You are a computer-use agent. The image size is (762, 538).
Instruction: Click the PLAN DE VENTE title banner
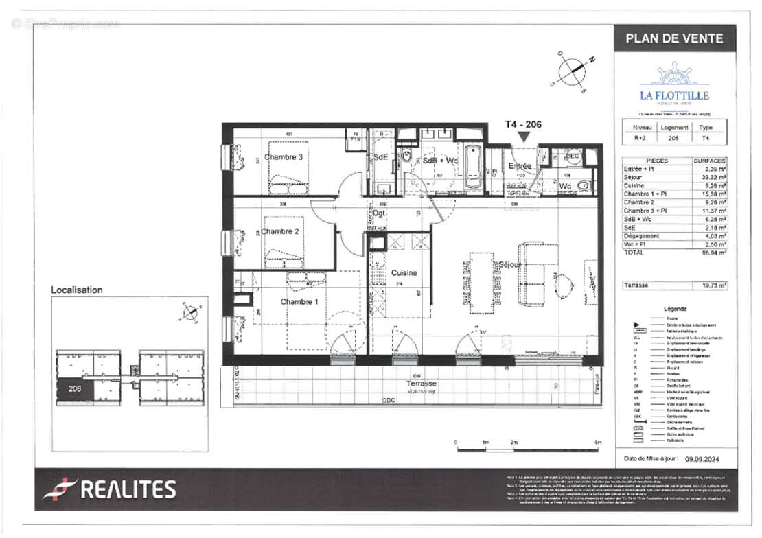(674, 38)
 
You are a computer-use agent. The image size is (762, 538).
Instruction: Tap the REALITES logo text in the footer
(128, 489)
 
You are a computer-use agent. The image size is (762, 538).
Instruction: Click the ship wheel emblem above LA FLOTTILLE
(674, 74)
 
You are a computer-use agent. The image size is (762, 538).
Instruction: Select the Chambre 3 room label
(284, 157)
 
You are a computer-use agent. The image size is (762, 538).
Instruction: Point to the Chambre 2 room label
(279, 231)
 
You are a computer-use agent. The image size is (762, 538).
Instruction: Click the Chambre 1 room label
(299, 301)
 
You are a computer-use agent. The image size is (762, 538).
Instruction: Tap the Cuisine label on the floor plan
(404, 272)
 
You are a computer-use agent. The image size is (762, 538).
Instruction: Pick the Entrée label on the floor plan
(520, 166)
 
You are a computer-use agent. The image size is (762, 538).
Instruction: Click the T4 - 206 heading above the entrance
(523, 125)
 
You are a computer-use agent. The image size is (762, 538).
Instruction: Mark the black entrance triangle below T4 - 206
(523, 137)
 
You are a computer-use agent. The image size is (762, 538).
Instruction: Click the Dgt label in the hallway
(378, 213)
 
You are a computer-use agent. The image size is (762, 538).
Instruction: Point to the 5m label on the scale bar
(598, 443)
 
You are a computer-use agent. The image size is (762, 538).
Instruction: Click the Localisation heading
(77, 290)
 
